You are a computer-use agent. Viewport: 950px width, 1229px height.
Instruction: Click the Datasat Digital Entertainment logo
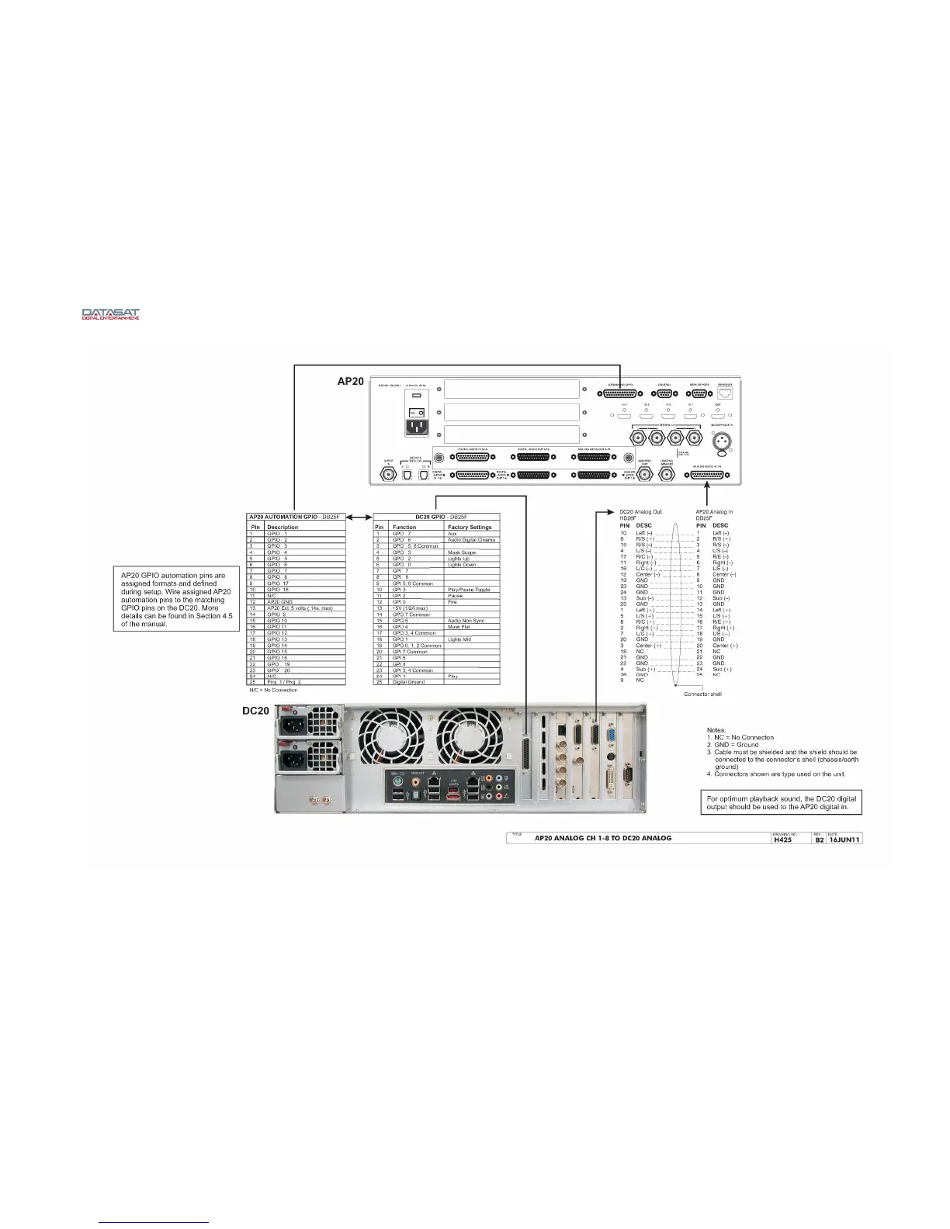coord(111,314)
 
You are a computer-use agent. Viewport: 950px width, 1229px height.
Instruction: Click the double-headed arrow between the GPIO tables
coord(359,517)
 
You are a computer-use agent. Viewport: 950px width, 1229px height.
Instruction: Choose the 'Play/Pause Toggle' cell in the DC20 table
coord(468,590)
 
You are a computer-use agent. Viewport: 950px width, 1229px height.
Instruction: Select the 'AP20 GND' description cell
coord(280,602)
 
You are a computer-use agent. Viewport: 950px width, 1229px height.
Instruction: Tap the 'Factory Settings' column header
coord(470,528)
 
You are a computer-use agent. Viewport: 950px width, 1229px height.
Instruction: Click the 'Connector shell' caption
coord(702,694)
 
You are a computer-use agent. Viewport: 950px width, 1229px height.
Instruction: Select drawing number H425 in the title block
coord(782,839)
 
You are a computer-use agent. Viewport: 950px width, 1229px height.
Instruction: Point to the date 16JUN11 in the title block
coord(844,839)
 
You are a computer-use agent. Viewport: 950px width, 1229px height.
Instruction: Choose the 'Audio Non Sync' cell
coord(466,621)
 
